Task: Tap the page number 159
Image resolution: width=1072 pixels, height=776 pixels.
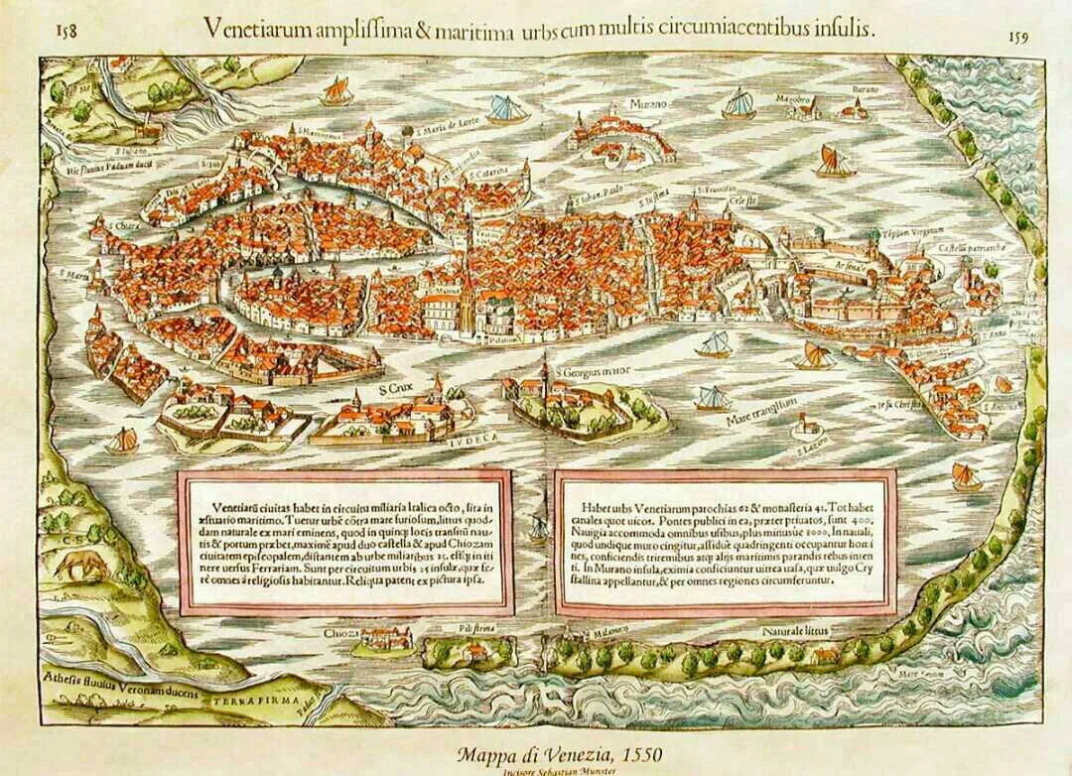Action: click(1015, 38)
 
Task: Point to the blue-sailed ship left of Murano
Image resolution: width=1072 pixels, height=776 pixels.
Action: click(507, 108)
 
